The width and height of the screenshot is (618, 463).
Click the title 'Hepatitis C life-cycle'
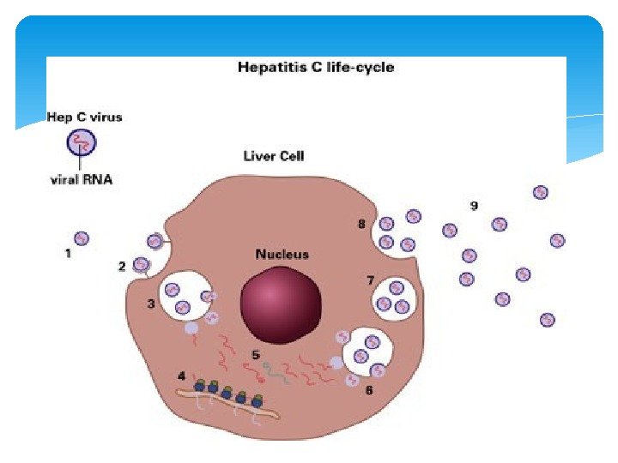pyautogui.click(x=316, y=67)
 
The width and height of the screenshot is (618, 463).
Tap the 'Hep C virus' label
pyautogui.click(x=84, y=117)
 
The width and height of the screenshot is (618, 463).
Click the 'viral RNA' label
pyautogui.click(x=79, y=180)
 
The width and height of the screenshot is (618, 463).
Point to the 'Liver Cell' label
pyautogui.click(x=274, y=156)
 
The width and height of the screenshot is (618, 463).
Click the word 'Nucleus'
pyautogui.click(x=282, y=255)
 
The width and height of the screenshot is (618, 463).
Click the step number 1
pyautogui.click(x=67, y=253)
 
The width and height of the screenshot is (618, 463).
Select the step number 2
pyautogui.click(x=122, y=267)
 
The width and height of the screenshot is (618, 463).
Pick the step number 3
pyautogui.click(x=150, y=304)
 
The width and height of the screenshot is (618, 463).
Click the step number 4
pyautogui.click(x=181, y=376)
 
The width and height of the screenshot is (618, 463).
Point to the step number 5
pyautogui.click(x=256, y=353)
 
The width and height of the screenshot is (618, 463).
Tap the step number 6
pyautogui.click(x=368, y=390)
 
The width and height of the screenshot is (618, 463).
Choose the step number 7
pyautogui.click(x=369, y=280)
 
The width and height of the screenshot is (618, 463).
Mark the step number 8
pyautogui.click(x=362, y=225)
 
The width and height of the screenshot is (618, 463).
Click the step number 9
pyautogui.click(x=474, y=206)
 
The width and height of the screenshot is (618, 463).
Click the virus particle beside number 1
pyautogui.click(x=82, y=238)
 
